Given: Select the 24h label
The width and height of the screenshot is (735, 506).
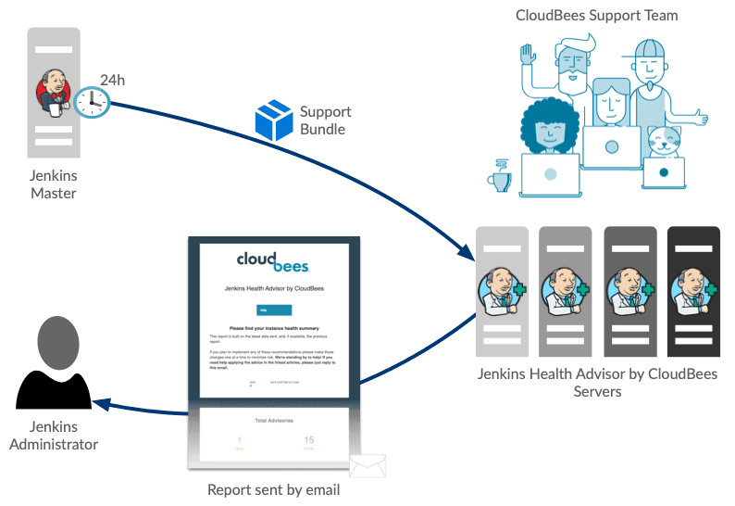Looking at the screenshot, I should click(x=112, y=81).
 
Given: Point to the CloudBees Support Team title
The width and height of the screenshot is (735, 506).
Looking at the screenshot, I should click(x=597, y=15).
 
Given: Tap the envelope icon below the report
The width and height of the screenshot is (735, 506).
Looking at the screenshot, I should click(x=367, y=463).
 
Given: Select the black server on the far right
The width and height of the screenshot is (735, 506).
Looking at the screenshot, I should click(x=693, y=291).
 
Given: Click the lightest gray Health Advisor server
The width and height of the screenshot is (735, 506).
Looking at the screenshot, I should click(x=502, y=291).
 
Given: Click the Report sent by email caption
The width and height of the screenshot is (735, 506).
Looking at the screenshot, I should click(x=273, y=489).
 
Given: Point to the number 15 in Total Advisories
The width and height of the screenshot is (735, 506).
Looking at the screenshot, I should click(x=309, y=440).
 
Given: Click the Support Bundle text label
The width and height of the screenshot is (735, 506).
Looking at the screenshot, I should click(x=325, y=120).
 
